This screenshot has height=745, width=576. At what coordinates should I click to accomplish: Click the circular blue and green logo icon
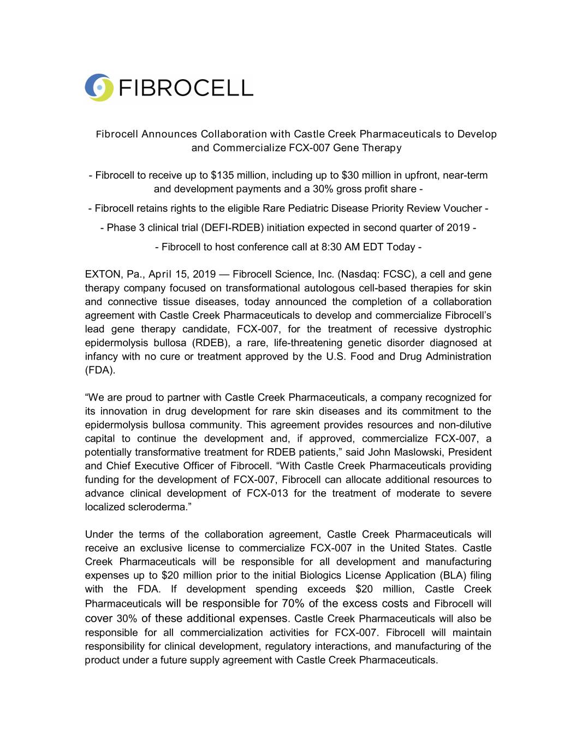pyautogui.click(x=99, y=87)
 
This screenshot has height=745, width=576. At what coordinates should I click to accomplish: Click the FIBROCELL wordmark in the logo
pyautogui.click(x=185, y=88)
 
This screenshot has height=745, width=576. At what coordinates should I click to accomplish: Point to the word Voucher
pyautogui.click(x=462, y=208)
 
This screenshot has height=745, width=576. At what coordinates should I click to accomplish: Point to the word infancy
pyautogui.click(x=102, y=356)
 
